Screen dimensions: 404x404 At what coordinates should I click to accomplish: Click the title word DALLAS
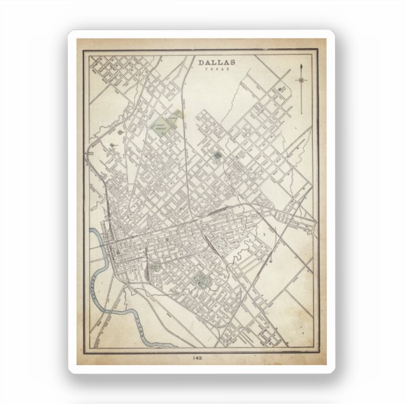[217, 62]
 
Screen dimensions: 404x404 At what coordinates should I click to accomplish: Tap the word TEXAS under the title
[217, 69]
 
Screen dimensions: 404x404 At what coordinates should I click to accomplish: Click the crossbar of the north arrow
[302, 80]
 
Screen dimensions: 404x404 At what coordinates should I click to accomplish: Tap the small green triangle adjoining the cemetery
[178, 114]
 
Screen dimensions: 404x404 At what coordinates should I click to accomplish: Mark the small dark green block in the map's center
[217, 154]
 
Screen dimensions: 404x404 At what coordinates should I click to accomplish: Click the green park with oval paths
[203, 280]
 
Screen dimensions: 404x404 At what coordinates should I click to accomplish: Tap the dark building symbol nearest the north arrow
[283, 90]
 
